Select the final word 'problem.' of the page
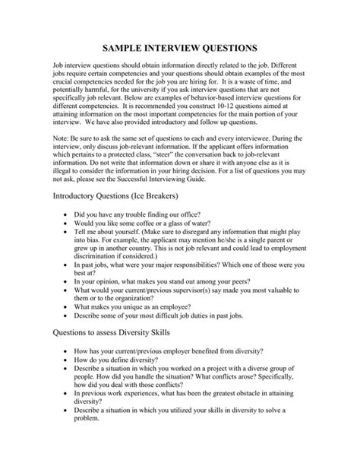(x=88, y=458)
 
